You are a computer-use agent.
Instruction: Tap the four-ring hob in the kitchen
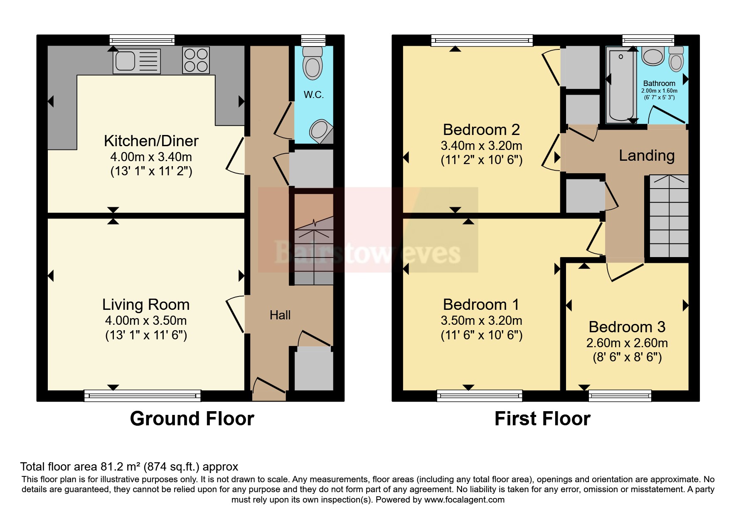point(196,60)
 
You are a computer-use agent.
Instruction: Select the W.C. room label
point(313,95)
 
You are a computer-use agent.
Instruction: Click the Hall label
point(280,315)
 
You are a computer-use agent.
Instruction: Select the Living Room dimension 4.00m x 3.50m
point(146,321)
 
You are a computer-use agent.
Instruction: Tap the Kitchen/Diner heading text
point(151,141)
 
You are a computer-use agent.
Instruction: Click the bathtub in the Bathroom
point(621,85)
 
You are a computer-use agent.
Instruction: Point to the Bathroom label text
point(659,83)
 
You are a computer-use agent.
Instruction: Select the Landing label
point(647,156)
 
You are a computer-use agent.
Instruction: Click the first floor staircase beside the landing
point(668,216)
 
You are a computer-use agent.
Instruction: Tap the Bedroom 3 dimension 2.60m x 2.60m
point(627,343)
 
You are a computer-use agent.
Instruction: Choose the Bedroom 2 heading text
point(481,130)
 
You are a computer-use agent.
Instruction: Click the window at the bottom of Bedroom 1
point(479,395)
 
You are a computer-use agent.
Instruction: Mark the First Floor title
point(542,419)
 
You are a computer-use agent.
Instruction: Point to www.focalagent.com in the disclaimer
point(464,500)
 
